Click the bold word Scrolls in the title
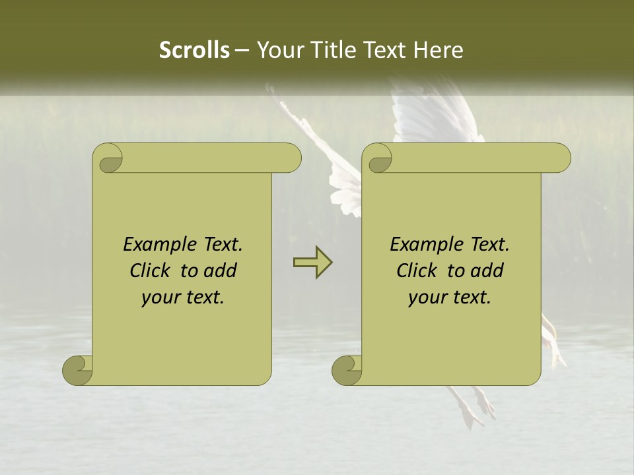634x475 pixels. (x=194, y=50)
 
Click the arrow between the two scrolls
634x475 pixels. (x=312, y=263)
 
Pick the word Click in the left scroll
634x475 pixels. (x=152, y=270)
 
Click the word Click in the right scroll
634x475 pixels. (x=419, y=270)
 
